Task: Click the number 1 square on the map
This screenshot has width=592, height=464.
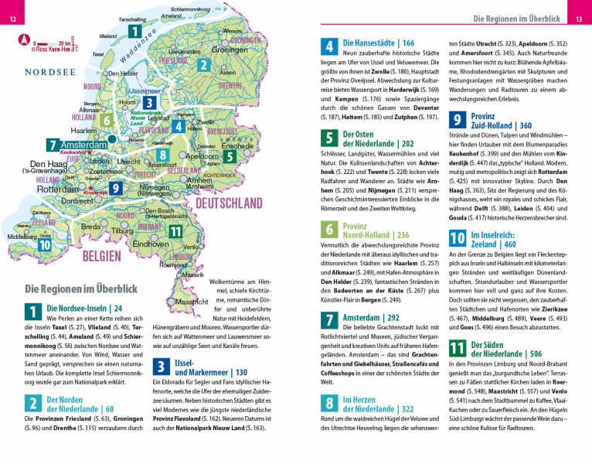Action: [135, 32]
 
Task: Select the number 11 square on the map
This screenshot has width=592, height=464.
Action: [175, 230]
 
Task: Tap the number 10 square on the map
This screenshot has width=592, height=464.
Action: [45, 244]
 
